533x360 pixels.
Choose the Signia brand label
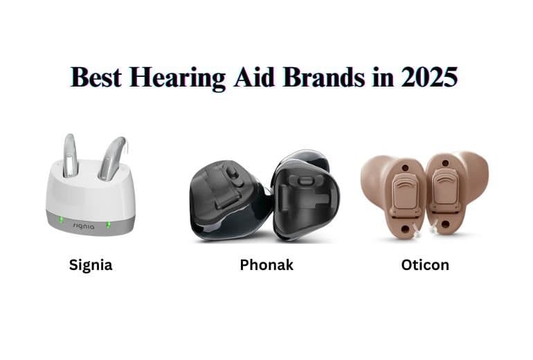point(91,264)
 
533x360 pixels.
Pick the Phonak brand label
point(266,264)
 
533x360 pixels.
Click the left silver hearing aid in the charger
point(69,155)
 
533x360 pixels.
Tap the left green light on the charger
point(60,222)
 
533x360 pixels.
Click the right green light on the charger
point(108,224)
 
